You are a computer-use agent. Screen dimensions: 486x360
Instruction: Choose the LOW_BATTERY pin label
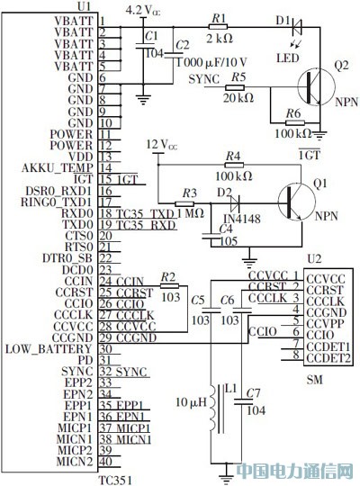(x=49, y=349)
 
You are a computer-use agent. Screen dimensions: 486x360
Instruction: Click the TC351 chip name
(x=117, y=478)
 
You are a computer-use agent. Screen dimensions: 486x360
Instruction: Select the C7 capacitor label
(x=253, y=393)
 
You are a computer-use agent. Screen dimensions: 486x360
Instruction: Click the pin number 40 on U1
(x=105, y=463)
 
